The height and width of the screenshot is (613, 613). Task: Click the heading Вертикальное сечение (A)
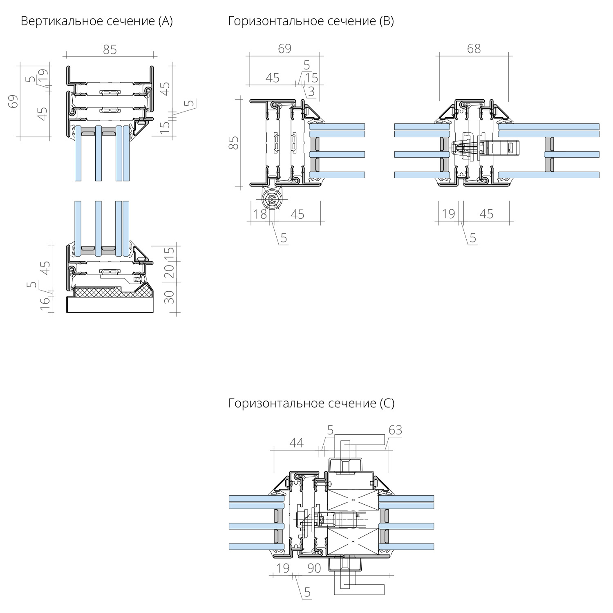97,21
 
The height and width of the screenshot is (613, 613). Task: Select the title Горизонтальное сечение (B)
311,21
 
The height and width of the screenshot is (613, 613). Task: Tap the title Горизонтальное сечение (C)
311,403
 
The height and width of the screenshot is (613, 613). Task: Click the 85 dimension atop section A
110,49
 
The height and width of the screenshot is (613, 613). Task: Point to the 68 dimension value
474,49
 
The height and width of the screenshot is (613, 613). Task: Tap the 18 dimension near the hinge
260,214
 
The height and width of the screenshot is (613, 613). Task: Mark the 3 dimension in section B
311,92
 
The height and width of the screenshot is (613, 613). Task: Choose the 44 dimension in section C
296,443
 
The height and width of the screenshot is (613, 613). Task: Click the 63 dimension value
395,430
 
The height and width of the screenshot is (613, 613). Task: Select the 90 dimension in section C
314,568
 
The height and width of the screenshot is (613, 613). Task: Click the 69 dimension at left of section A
14,101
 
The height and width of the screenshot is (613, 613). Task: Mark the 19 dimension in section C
283,568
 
